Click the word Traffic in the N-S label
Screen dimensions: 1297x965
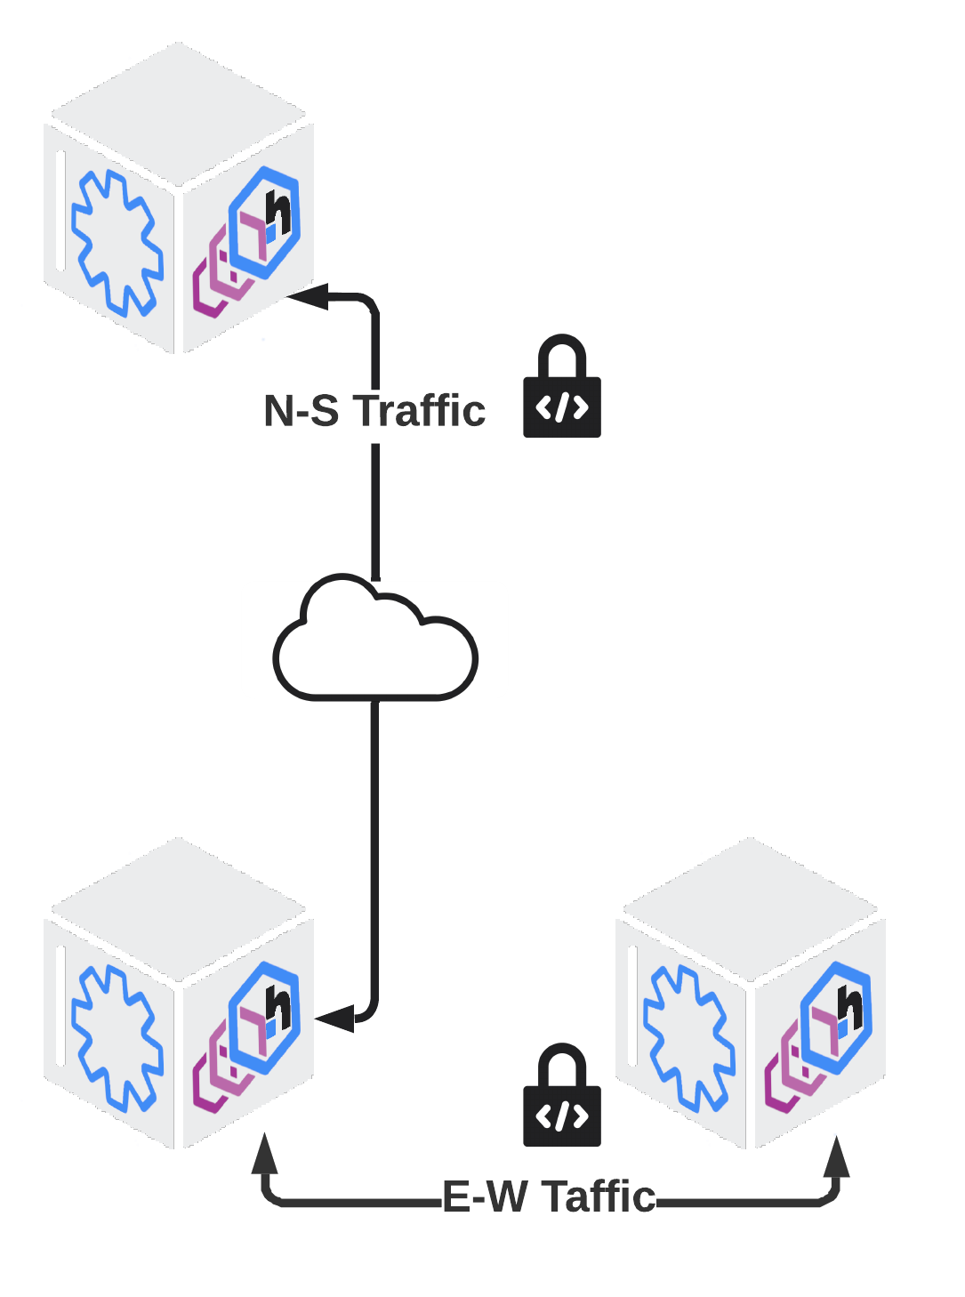point(420,411)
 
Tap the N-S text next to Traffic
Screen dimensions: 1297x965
point(302,411)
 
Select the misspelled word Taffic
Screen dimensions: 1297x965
point(599,1196)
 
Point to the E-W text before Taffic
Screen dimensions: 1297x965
point(485,1196)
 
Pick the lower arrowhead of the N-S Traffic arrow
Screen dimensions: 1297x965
point(334,1019)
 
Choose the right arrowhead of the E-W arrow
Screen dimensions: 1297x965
point(835,1156)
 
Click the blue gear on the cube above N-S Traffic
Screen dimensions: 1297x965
point(117,243)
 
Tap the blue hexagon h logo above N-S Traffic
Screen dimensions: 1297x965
point(266,221)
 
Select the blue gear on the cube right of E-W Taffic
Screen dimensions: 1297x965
point(688,1038)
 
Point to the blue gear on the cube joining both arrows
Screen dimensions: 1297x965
point(117,1038)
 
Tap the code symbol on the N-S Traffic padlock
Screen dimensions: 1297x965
point(562,408)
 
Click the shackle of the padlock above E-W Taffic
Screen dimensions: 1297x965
point(562,1063)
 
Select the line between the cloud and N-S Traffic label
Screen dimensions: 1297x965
point(375,512)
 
